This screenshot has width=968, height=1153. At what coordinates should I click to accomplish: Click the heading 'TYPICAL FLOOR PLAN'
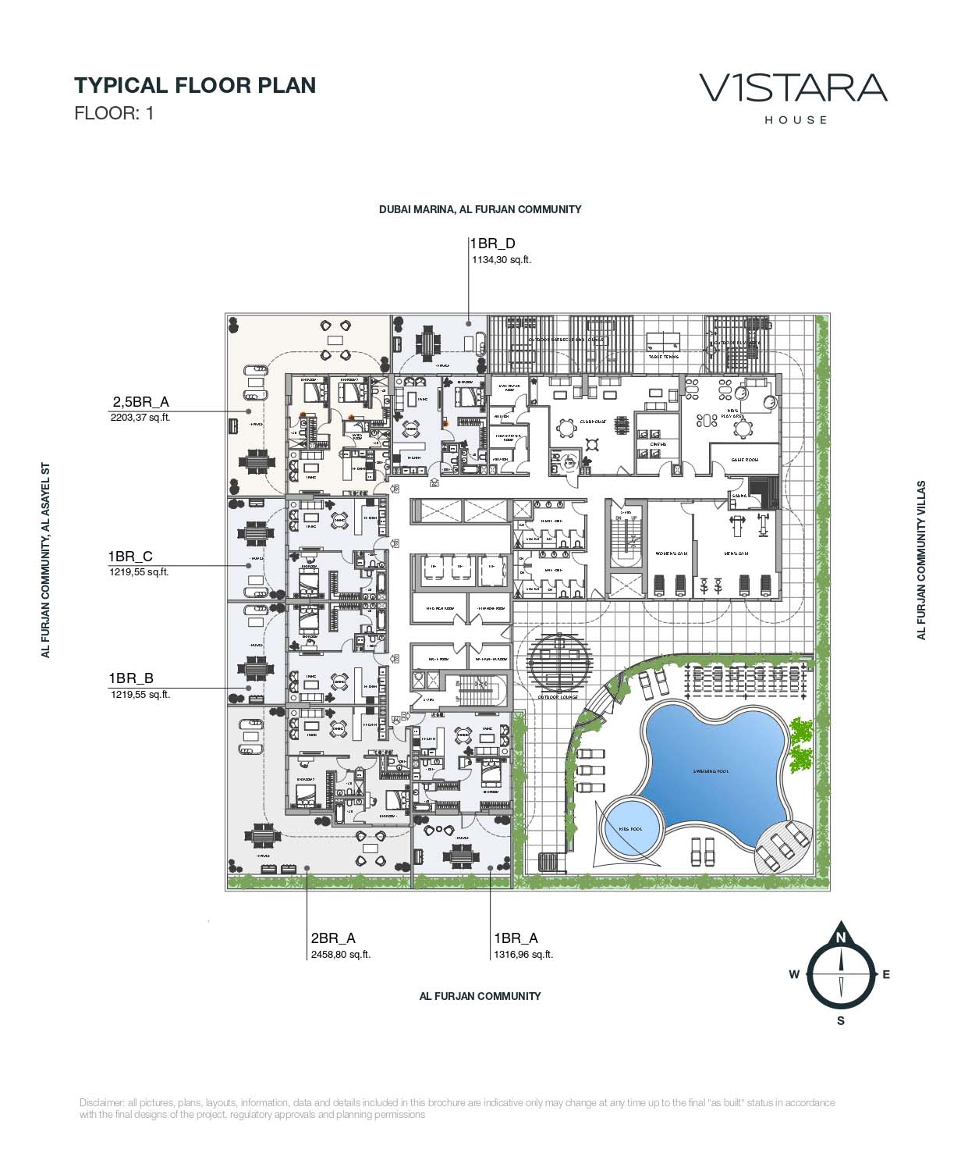click(194, 85)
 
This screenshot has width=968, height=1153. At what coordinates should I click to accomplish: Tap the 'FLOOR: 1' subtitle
click(114, 112)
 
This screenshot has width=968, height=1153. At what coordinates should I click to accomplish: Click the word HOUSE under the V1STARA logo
click(795, 120)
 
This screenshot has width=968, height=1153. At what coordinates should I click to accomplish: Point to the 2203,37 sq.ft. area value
click(140, 418)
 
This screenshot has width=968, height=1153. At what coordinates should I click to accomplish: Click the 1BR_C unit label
click(130, 556)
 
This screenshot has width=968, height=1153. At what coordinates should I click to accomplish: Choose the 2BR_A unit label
click(333, 938)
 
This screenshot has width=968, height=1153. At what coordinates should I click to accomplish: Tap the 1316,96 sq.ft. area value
click(523, 954)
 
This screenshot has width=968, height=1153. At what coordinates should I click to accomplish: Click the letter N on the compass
click(841, 938)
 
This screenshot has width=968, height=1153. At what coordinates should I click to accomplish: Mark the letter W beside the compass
click(794, 973)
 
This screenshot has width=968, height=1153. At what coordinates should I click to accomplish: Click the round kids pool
click(630, 827)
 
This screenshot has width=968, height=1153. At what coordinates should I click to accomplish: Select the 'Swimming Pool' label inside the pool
click(711, 771)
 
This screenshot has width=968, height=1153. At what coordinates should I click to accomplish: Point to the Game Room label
click(744, 460)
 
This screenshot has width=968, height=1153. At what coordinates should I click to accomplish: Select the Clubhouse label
click(592, 421)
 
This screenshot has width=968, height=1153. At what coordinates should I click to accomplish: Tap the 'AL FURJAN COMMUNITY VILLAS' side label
click(921, 560)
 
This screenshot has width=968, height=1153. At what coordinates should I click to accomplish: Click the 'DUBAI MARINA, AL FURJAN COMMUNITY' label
click(480, 209)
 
